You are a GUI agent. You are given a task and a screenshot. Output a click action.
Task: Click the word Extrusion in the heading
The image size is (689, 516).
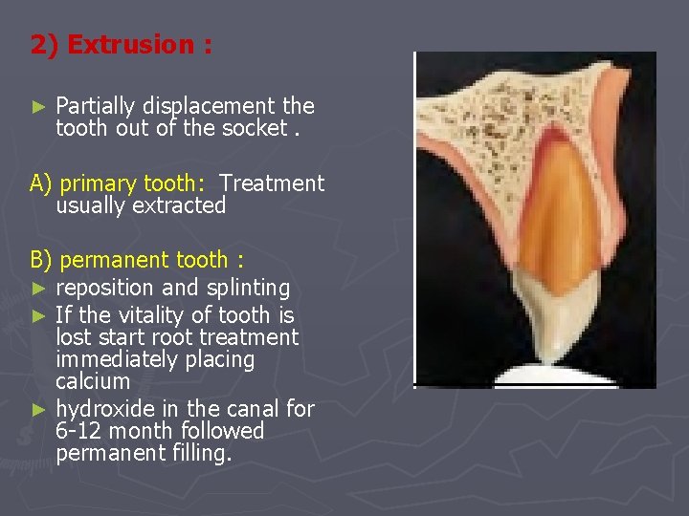130,45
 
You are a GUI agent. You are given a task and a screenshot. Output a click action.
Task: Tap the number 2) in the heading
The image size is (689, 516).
45,45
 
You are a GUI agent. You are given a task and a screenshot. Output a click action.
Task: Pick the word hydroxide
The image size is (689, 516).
101,409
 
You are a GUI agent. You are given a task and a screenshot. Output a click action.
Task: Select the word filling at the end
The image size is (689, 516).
201,453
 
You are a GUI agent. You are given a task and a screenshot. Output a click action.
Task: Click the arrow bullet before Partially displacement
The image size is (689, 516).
37,106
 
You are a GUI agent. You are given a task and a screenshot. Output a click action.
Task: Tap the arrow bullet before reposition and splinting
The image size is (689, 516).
37,288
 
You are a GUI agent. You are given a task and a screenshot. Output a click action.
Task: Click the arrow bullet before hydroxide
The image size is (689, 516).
37,409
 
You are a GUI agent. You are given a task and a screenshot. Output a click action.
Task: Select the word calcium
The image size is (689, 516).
93,381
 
